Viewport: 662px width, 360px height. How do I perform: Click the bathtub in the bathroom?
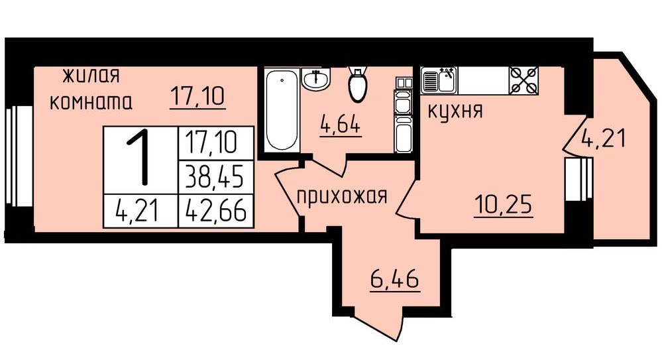[x=282, y=111]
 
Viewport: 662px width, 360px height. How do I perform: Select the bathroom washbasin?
[x=316, y=79]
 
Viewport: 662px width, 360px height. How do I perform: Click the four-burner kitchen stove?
[x=524, y=80]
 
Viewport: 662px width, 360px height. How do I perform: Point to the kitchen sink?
[x=439, y=80]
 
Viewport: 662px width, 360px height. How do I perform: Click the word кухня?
[x=455, y=111]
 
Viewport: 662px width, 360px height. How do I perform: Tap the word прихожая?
[x=342, y=196]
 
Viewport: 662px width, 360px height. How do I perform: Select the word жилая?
[x=91, y=76]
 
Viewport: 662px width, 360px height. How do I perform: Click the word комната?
[x=91, y=102]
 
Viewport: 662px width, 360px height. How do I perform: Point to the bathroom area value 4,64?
[x=341, y=125]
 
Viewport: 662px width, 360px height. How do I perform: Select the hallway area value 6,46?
[x=395, y=279]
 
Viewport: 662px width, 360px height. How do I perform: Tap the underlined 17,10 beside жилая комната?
[x=197, y=96]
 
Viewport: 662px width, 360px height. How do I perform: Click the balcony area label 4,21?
[x=603, y=138]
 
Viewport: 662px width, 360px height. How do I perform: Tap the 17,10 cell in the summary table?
[x=216, y=143]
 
